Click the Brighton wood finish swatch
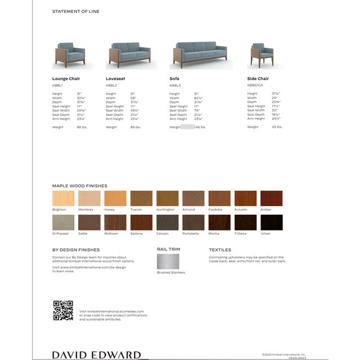[x=63, y=199]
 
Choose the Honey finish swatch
[x=115, y=199]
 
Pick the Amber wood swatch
[x=271, y=199]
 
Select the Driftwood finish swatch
[x=63, y=222]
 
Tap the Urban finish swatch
[x=271, y=222]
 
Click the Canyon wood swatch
[x=167, y=222]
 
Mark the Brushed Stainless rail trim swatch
[x=168, y=261]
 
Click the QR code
[x=63, y=310]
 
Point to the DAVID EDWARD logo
[x=96, y=354]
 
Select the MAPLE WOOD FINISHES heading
[x=79, y=186]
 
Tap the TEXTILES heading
[x=220, y=249]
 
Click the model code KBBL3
[x=175, y=85]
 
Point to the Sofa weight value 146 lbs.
[x=200, y=127]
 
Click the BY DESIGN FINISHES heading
[x=76, y=249]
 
